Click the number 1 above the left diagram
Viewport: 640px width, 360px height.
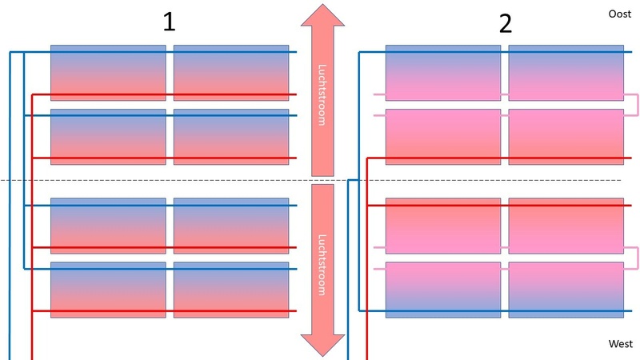169,22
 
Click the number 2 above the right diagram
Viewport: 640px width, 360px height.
505,23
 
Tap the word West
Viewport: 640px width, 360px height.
621,344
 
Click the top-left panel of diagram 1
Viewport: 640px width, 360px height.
108,73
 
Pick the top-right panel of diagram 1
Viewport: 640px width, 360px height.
231,73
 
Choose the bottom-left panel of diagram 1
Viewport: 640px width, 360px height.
108,290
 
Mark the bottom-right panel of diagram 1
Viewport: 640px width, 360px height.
231,290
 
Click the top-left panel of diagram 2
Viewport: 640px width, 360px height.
443,73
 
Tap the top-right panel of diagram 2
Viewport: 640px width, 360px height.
566,73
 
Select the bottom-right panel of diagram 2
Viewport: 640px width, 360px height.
566,290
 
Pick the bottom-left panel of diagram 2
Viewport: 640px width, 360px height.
443,290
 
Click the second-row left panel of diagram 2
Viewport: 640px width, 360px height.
443,137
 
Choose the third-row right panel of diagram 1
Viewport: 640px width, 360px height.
231,226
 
